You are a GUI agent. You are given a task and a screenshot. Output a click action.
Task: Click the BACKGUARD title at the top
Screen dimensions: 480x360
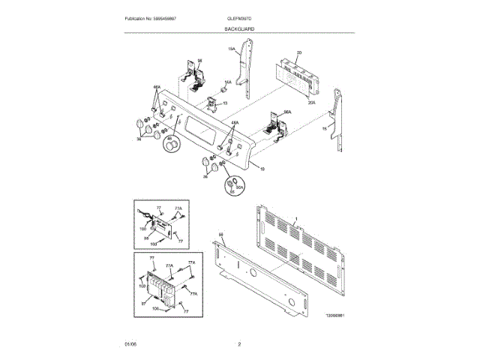click(238, 28)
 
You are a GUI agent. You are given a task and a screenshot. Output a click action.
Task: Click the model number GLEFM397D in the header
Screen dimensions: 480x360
click(238, 17)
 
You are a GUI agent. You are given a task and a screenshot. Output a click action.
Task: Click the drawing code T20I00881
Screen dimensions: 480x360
click(339, 317)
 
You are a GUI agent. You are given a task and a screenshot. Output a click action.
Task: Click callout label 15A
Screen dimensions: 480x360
click(232, 50)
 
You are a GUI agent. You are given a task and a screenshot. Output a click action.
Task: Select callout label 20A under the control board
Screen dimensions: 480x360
click(311, 102)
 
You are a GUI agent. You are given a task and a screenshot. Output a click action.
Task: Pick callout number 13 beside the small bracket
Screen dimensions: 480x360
click(224, 102)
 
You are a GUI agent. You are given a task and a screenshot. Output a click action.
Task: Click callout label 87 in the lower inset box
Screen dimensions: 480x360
click(142, 304)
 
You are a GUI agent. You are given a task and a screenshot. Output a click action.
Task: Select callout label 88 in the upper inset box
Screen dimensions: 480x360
click(147, 238)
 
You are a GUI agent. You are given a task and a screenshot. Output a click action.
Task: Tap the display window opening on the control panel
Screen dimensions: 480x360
click(200, 130)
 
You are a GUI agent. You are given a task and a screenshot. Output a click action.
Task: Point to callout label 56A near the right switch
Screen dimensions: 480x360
click(287, 112)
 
